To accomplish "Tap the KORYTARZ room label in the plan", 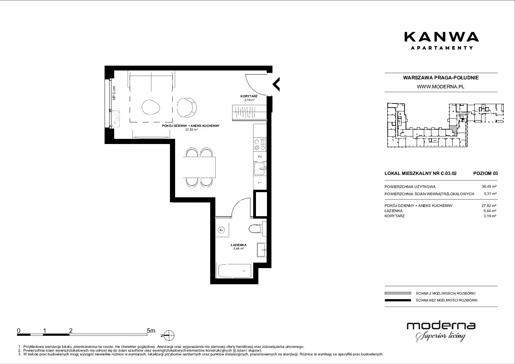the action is [x=249, y=96].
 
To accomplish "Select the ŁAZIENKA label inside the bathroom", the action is [x=239, y=245].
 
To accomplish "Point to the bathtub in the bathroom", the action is [x=235, y=271].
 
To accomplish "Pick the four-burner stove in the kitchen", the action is [x=260, y=144].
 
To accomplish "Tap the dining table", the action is [x=199, y=167].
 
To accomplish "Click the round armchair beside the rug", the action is [x=187, y=108].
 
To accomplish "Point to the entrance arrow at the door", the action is [x=276, y=84].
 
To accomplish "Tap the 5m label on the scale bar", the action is [x=151, y=330].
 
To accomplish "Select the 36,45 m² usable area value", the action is [x=489, y=187].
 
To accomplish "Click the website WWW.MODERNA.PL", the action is [x=440, y=87].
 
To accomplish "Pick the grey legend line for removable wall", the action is [x=398, y=293].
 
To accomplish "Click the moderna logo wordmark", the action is [x=441, y=326].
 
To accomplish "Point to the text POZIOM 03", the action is [x=485, y=173].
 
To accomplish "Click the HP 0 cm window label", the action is [x=114, y=93].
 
